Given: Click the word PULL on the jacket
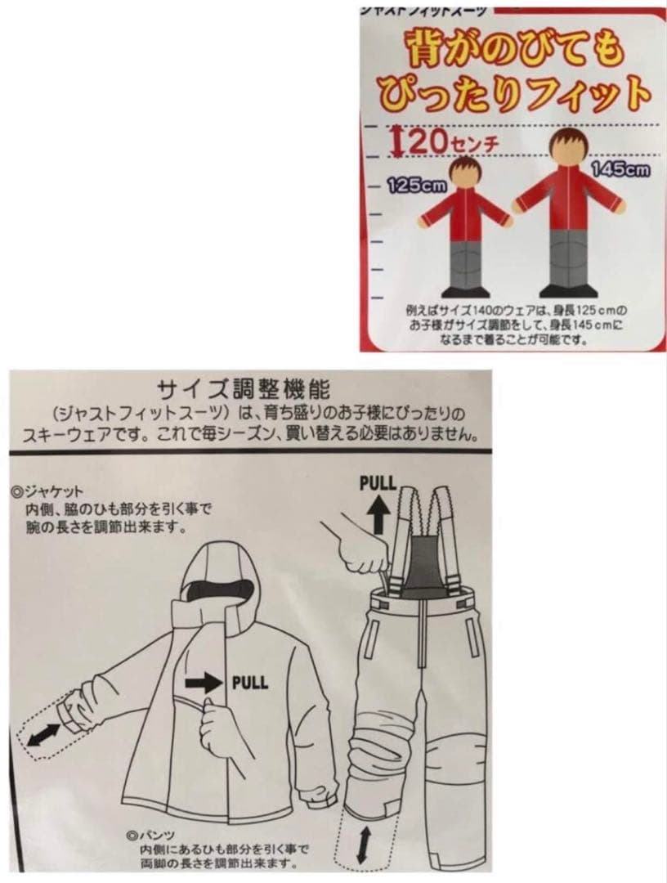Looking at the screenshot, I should (249, 682).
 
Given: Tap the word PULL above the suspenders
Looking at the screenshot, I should (378, 482).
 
